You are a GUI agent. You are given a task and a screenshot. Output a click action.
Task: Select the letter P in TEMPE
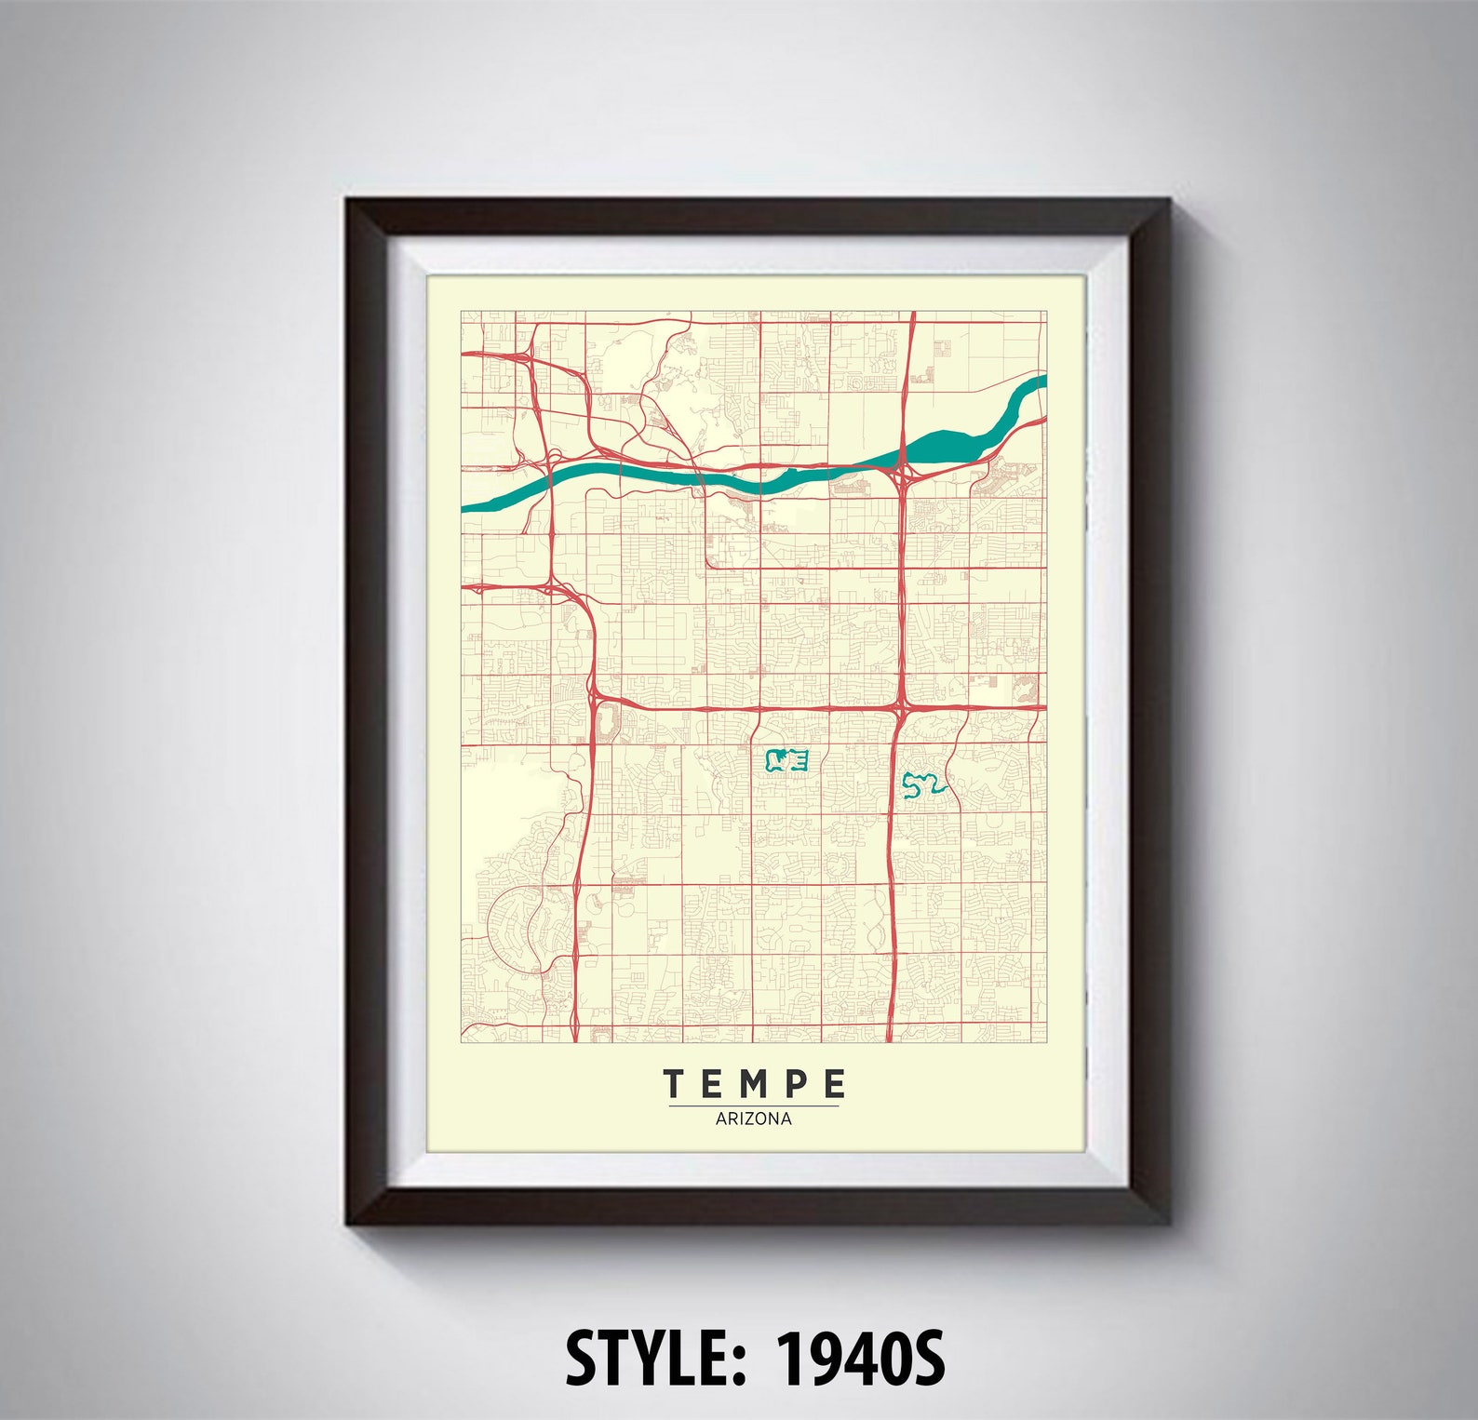click(x=795, y=1083)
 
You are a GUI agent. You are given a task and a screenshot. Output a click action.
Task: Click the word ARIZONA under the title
click(x=754, y=1119)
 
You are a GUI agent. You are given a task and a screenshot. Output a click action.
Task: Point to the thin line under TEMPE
click(x=754, y=1105)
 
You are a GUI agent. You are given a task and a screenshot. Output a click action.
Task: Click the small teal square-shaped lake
click(x=785, y=762)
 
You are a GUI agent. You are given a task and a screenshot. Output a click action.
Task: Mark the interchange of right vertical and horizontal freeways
click(x=901, y=708)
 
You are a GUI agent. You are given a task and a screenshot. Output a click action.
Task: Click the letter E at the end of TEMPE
click(x=835, y=1083)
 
